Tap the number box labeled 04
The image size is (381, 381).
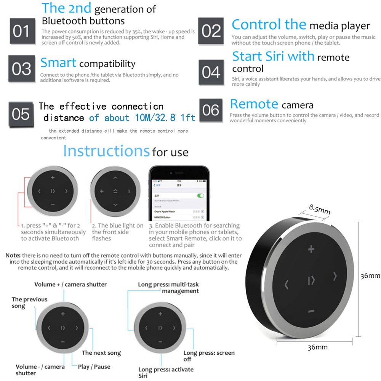coord(211,72)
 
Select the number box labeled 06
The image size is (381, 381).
coord(211,110)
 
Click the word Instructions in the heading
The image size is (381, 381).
coord(106,151)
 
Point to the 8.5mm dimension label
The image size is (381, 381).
coord(319,209)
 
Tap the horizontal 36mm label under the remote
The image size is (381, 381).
coord(317,347)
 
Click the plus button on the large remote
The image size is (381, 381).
coord(311,250)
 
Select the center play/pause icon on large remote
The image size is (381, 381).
coord(311,281)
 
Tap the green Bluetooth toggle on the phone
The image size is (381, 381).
coord(200,195)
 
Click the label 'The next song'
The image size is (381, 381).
coord(101,353)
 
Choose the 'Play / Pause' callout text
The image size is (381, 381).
coord(94,367)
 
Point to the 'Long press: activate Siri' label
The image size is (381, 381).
coord(166,373)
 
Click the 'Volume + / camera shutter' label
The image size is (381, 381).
coord(70,284)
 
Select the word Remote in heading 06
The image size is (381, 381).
coord(254,104)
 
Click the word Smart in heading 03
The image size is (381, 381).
coord(58,63)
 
